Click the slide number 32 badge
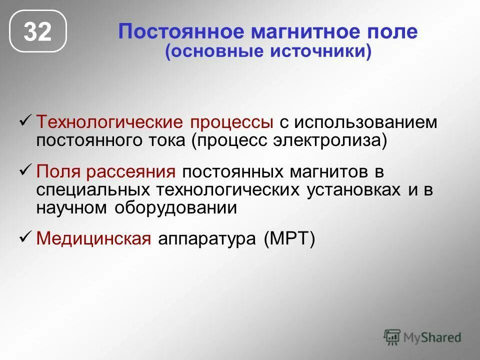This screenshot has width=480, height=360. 38,31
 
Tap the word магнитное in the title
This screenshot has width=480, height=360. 292,32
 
